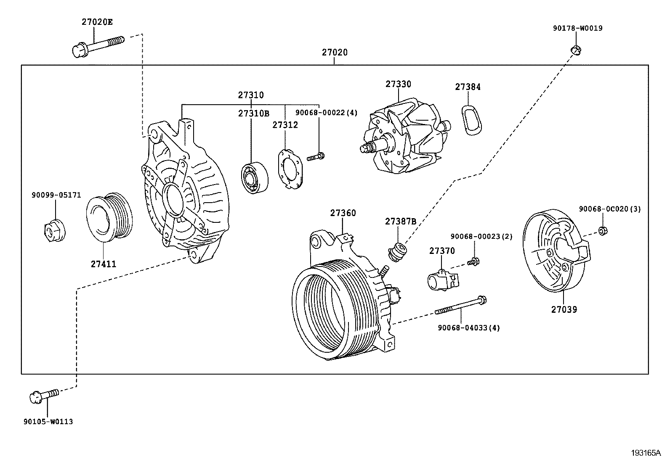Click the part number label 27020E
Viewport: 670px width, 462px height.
(97, 22)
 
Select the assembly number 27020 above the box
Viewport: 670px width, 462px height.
(335, 53)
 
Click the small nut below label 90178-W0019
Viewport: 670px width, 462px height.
(576, 50)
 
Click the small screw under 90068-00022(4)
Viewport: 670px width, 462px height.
(316, 157)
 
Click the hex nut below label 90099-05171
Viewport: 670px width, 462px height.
(54, 230)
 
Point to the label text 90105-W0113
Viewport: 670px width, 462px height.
(48, 422)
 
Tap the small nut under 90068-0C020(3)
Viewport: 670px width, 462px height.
(602, 230)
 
